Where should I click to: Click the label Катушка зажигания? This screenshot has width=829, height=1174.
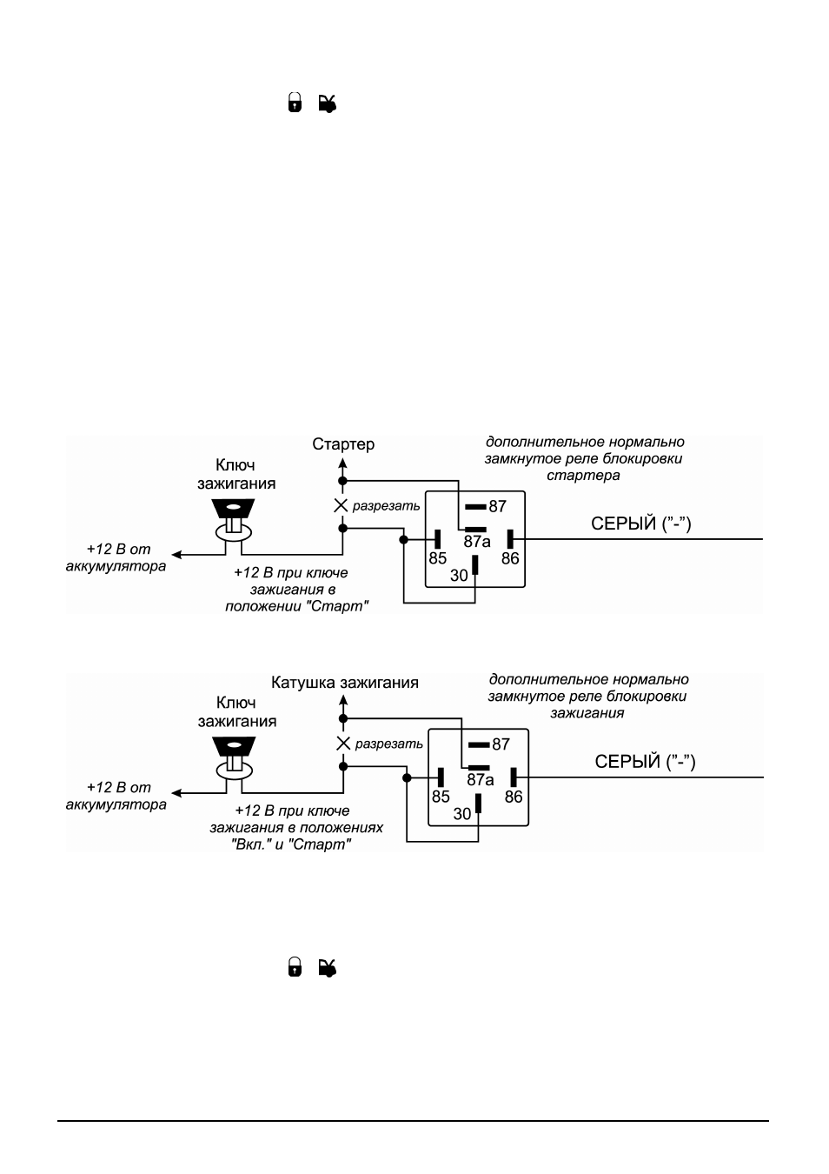[345, 683]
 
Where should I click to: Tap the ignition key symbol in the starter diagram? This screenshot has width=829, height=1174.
[233, 519]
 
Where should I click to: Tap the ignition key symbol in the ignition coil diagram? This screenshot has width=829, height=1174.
[234, 757]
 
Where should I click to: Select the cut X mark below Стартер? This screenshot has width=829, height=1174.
[341, 506]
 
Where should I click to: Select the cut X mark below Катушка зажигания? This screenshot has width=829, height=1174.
[343, 744]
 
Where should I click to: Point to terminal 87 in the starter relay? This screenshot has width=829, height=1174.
[498, 506]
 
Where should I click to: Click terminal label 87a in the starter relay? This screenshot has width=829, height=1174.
[477, 542]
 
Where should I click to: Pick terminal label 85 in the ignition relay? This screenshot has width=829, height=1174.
[441, 797]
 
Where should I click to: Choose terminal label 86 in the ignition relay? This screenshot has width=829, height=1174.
[514, 797]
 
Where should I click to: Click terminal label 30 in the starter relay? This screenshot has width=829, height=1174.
[460, 576]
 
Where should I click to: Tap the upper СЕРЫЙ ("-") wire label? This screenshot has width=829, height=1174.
[641, 524]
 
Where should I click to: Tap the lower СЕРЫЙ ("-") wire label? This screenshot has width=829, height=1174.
[645, 762]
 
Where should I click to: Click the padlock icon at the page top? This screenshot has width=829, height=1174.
[295, 103]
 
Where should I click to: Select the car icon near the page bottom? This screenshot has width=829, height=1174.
[328, 968]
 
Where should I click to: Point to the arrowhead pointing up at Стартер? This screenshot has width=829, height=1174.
[342, 463]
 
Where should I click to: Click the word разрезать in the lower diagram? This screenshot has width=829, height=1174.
[388, 744]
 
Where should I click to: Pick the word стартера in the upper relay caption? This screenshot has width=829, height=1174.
[583, 476]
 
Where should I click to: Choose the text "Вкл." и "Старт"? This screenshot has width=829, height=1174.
[291, 844]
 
